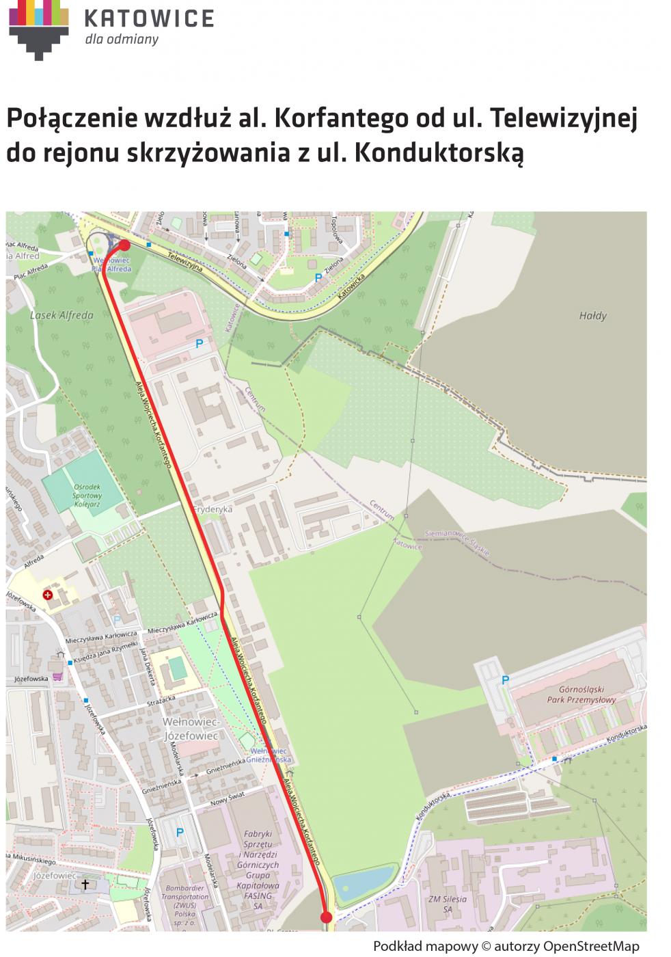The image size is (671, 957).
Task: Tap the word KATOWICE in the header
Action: point(149,18)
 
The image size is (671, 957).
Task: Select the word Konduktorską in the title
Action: point(439,152)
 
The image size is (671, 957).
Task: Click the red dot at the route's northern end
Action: point(124,245)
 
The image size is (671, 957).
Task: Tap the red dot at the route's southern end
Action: point(326,917)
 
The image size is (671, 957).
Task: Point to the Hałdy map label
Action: point(592,316)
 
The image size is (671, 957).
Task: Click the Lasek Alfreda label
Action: point(61,315)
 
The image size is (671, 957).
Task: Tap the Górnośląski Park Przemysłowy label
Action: point(581,695)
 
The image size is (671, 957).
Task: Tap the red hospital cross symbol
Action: point(48,595)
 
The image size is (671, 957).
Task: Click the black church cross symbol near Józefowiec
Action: point(85,885)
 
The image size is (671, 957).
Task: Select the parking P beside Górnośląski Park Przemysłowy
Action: point(506,679)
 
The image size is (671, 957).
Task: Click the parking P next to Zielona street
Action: point(318,278)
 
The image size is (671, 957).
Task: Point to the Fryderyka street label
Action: point(213,509)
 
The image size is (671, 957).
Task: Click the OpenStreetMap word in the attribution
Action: point(591,946)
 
